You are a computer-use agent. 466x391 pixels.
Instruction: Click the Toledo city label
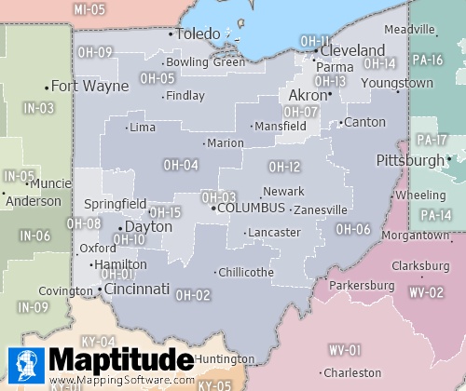click(x=198, y=34)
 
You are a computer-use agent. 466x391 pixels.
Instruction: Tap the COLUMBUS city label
click(x=251, y=209)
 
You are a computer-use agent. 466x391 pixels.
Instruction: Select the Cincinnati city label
click(x=137, y=290)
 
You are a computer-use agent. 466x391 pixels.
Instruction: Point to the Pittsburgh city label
click(x=410, y=160)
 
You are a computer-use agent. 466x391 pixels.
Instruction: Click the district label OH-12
click(x=284, y=167)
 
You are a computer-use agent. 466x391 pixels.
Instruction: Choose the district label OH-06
click(x=353, y=229)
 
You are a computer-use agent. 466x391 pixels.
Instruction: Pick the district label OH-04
click(x=181, y=165)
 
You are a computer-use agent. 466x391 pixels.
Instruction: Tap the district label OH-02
click(x=193, y=295)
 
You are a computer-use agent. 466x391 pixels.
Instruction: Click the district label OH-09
click(x=94, y=52)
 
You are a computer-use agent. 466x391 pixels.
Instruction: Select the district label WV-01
click(x=344, y=350)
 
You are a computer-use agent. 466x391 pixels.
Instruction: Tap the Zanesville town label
click(x=322, y=210)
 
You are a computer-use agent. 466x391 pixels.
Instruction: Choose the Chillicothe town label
click(x=245, y=273)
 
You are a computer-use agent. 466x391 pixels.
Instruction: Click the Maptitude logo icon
click(x=25, y=364)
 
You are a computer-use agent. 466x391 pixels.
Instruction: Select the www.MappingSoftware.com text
click(x=121, y=380)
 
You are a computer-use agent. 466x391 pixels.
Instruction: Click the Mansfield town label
click(x=280, y=126)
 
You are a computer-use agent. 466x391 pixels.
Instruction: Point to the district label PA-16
click(x=429, y=60)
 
